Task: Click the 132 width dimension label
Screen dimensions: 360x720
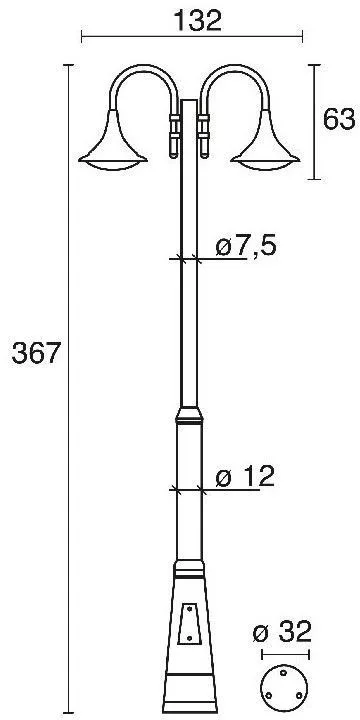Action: [197, 21]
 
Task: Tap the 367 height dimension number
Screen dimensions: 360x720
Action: [36, 354]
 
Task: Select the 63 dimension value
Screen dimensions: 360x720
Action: [339, 119]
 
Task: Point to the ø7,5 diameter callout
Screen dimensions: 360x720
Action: [246, 247]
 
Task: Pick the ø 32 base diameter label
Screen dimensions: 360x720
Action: [282, 631]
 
